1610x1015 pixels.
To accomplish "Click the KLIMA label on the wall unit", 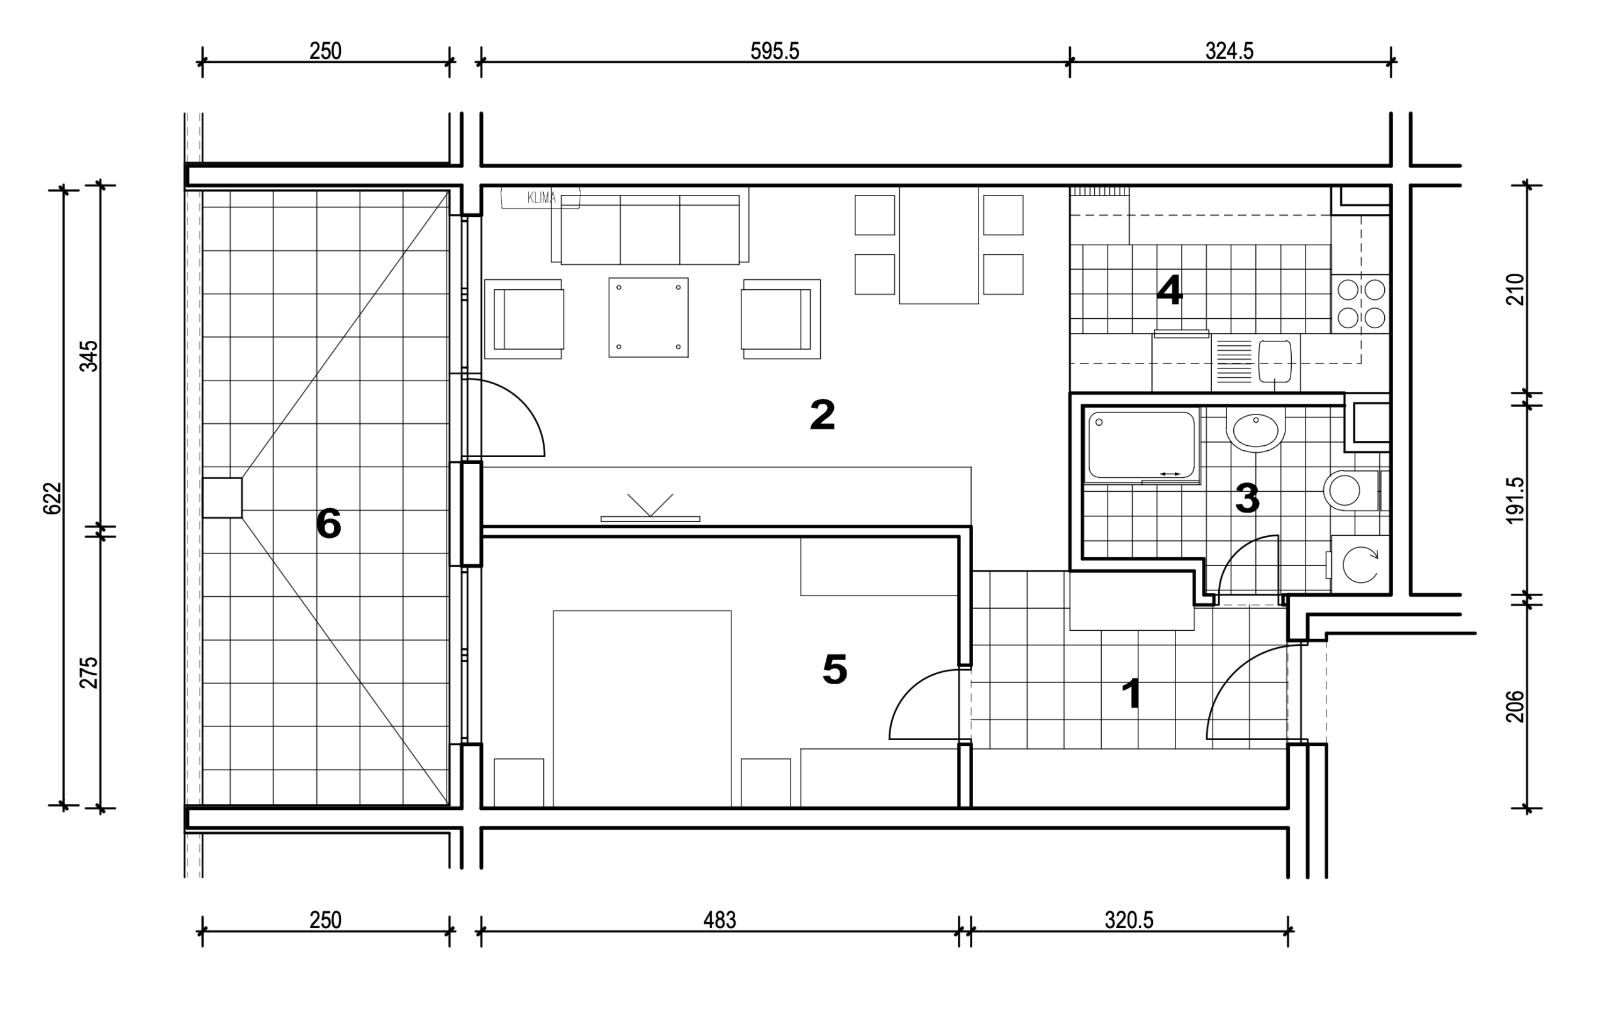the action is [541, 198].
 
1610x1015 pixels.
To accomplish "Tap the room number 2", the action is [823, 414].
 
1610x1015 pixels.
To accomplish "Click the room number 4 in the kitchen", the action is [1169, 291].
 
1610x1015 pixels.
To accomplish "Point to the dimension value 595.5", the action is [775, 52].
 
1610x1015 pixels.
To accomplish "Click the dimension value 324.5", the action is [1230, 52].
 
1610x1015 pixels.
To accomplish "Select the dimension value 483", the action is [719, 921].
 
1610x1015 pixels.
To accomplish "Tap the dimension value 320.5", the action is [1130, 921].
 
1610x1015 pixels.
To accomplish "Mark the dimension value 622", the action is [52, 499].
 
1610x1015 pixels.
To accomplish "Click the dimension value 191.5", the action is [1515, 500].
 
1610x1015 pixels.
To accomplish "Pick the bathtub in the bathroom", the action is [1141, 445].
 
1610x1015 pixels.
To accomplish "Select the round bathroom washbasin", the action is [1256, 430].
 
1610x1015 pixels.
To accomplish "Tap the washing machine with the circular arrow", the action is [1360, 563].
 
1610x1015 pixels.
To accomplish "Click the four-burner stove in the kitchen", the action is [1360, 304].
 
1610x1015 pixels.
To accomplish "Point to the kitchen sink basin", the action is [1274, 361].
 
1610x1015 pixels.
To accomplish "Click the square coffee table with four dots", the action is [648, 318].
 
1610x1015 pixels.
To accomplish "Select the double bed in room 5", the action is [642, 709].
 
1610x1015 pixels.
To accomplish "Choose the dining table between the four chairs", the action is [939, 245].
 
